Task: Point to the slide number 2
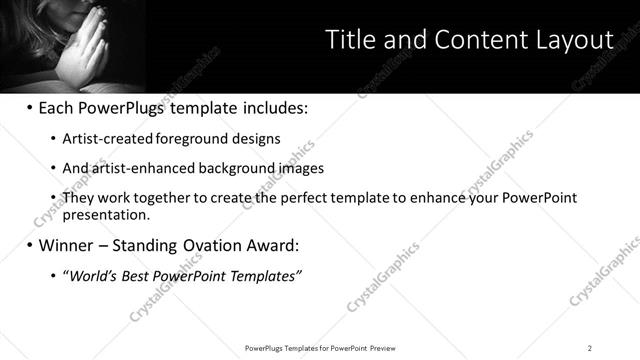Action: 590,348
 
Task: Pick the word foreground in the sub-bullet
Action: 173,139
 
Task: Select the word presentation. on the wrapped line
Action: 106,214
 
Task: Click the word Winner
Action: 68,244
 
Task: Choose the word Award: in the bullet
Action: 271,244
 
